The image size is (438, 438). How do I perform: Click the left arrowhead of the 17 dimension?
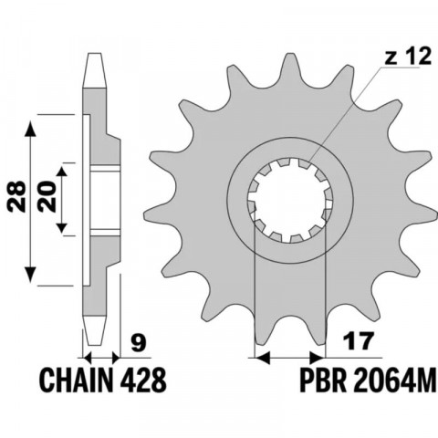pos(258,356)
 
